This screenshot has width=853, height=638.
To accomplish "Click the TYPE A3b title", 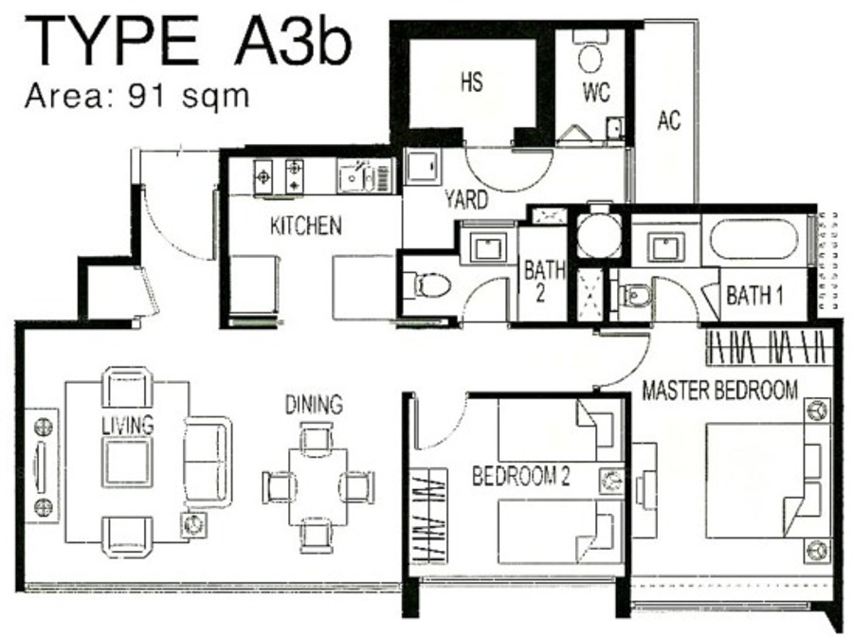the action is click(x=187, y=41).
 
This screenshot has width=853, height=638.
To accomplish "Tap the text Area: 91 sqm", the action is click(x=137, y=97).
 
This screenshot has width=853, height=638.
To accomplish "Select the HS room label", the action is click(x=471, y=82).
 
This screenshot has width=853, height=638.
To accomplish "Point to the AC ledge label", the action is click(x=668, y=120).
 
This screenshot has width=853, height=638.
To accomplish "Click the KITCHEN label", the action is click(x=306, y=226).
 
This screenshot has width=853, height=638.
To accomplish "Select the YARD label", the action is click(x=466, y=200).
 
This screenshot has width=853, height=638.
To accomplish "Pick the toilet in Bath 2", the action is click(x=431, y=284).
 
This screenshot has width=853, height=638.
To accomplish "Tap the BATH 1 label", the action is click(x=754, y=296).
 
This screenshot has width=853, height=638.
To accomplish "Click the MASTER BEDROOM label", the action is click(x=720, y=390).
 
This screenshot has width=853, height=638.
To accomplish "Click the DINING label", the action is click(x=314, y=405).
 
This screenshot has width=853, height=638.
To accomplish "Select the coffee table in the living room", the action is click(x=128, y=463).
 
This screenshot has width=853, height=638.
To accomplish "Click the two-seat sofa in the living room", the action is click(x=208, y=463).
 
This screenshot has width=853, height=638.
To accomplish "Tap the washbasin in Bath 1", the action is click(x=666, y=246).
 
